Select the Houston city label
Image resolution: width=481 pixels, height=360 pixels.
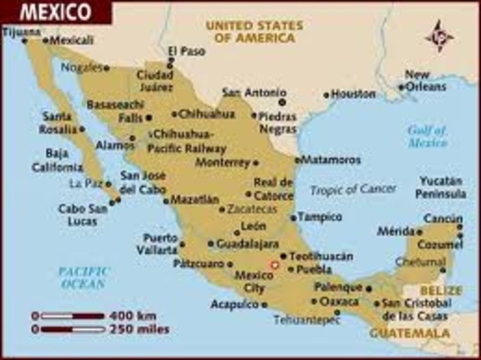pyautogui.click(x=353, y=95)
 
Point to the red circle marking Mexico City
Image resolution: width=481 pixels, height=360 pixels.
pyautogui.click(x=274, y=265)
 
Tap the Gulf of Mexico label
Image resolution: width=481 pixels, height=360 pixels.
pyautogui.click(x=428, y=135)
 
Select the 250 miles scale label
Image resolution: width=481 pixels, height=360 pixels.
pyautogui.click(x=143, y=329)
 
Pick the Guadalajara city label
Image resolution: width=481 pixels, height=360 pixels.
pyautogui.click(x=248, y=244)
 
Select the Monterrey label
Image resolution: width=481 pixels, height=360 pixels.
pyautogui.click(x=222, y=162)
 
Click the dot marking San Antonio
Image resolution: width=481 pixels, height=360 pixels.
pyautogui.click(x=282, y=101)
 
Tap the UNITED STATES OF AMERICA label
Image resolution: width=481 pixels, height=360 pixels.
pyautogui.click(x=255, y=31)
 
